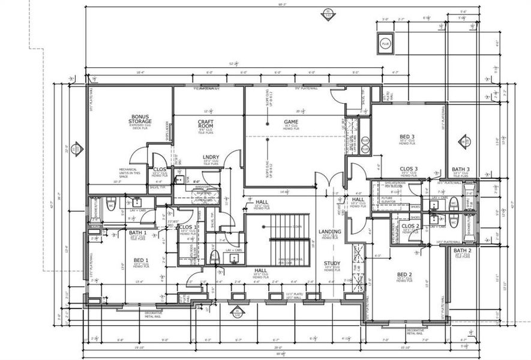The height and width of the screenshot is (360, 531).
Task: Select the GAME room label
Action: [291, 122]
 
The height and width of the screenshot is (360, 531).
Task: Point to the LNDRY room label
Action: [211, 157]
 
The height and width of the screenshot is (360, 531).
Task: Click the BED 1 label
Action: [142, 260]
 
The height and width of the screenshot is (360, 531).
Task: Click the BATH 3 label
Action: [461, 169]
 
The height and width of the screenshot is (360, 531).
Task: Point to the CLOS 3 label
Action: [408, 169]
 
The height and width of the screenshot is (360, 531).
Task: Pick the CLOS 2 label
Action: [410, 226]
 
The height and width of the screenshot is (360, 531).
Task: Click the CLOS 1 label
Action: [188, 227]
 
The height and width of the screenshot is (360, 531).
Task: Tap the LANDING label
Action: [330, 232]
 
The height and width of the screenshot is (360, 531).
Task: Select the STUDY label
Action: [332, 263]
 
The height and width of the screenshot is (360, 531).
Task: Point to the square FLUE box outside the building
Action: [385, 43]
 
